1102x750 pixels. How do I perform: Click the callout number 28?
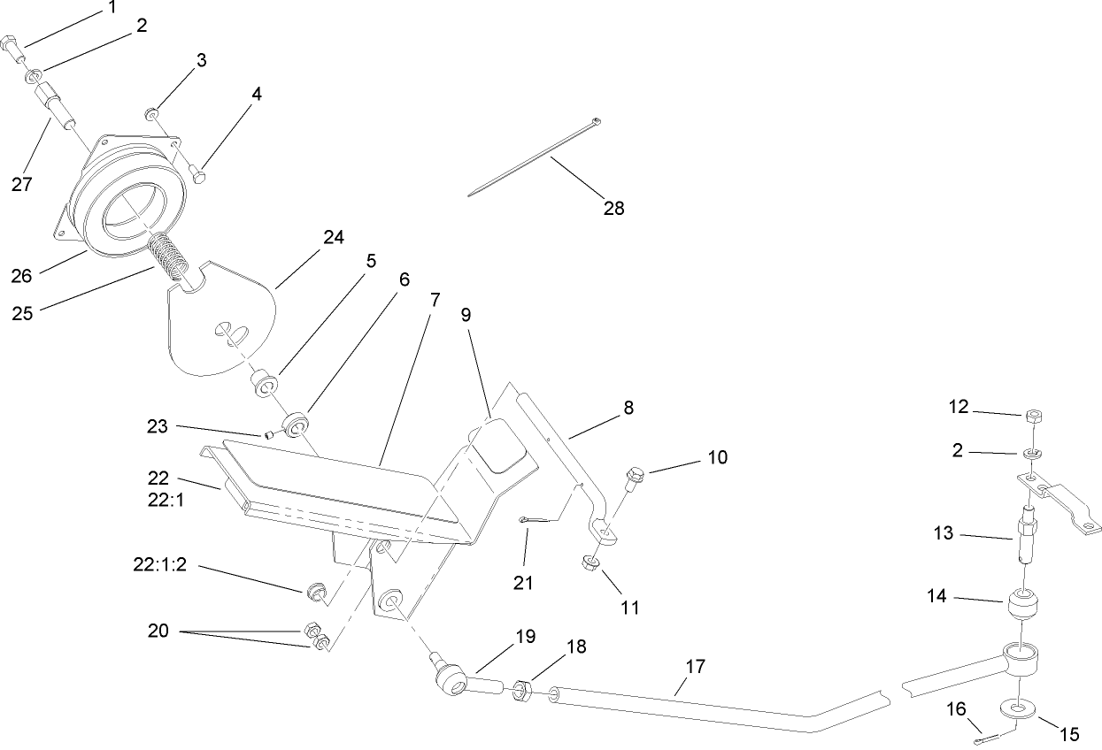point(613,209)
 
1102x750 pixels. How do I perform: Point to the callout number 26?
point(21,275)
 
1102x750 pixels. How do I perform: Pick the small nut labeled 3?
point(151,112)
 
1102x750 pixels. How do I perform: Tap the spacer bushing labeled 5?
point(266,385)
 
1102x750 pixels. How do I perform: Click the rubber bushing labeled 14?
point(1024,610)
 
